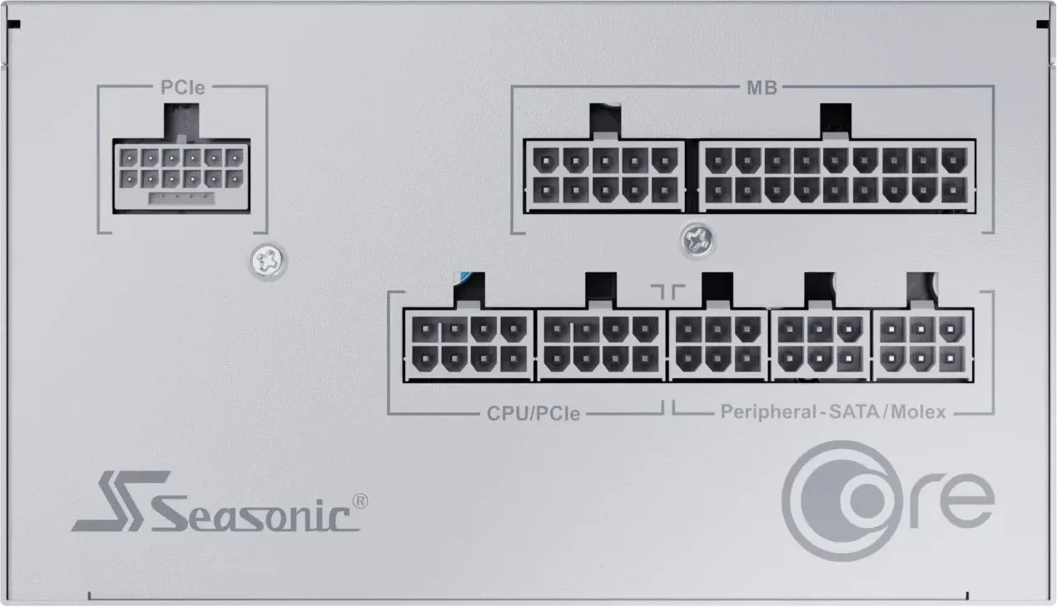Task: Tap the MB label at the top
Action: (760, 87)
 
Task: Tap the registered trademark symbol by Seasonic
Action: (360, 500)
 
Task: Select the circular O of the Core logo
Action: (827, 495)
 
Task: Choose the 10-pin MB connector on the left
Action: (604, 175)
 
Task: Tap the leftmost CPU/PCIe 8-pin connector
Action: (469, 345)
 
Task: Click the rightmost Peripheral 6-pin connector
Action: (921, 346)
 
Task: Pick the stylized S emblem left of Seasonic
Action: (118, 502)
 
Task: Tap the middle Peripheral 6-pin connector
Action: (820, 346)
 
